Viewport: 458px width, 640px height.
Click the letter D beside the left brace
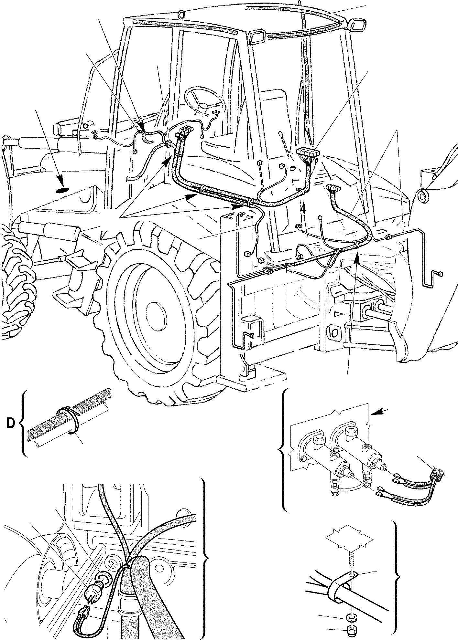(10, 424)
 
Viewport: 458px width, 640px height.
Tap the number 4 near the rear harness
(303, 210)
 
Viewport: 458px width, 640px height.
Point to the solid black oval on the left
(62, 191)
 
